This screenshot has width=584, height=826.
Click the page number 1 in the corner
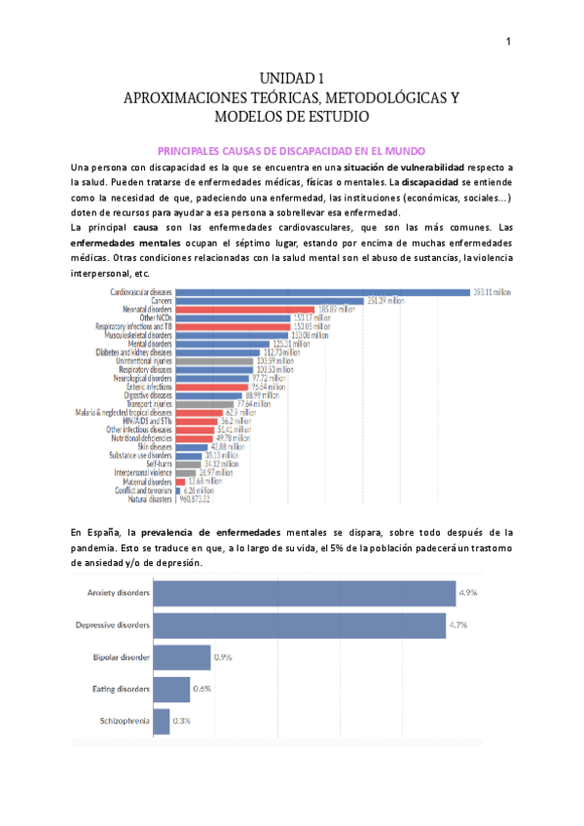point(508,41)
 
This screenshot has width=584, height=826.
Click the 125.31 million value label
point(291,343)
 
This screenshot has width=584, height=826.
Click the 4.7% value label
point(461,625)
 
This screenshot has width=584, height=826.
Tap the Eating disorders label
point(122,689)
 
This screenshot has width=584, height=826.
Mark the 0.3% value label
point(183,721)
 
